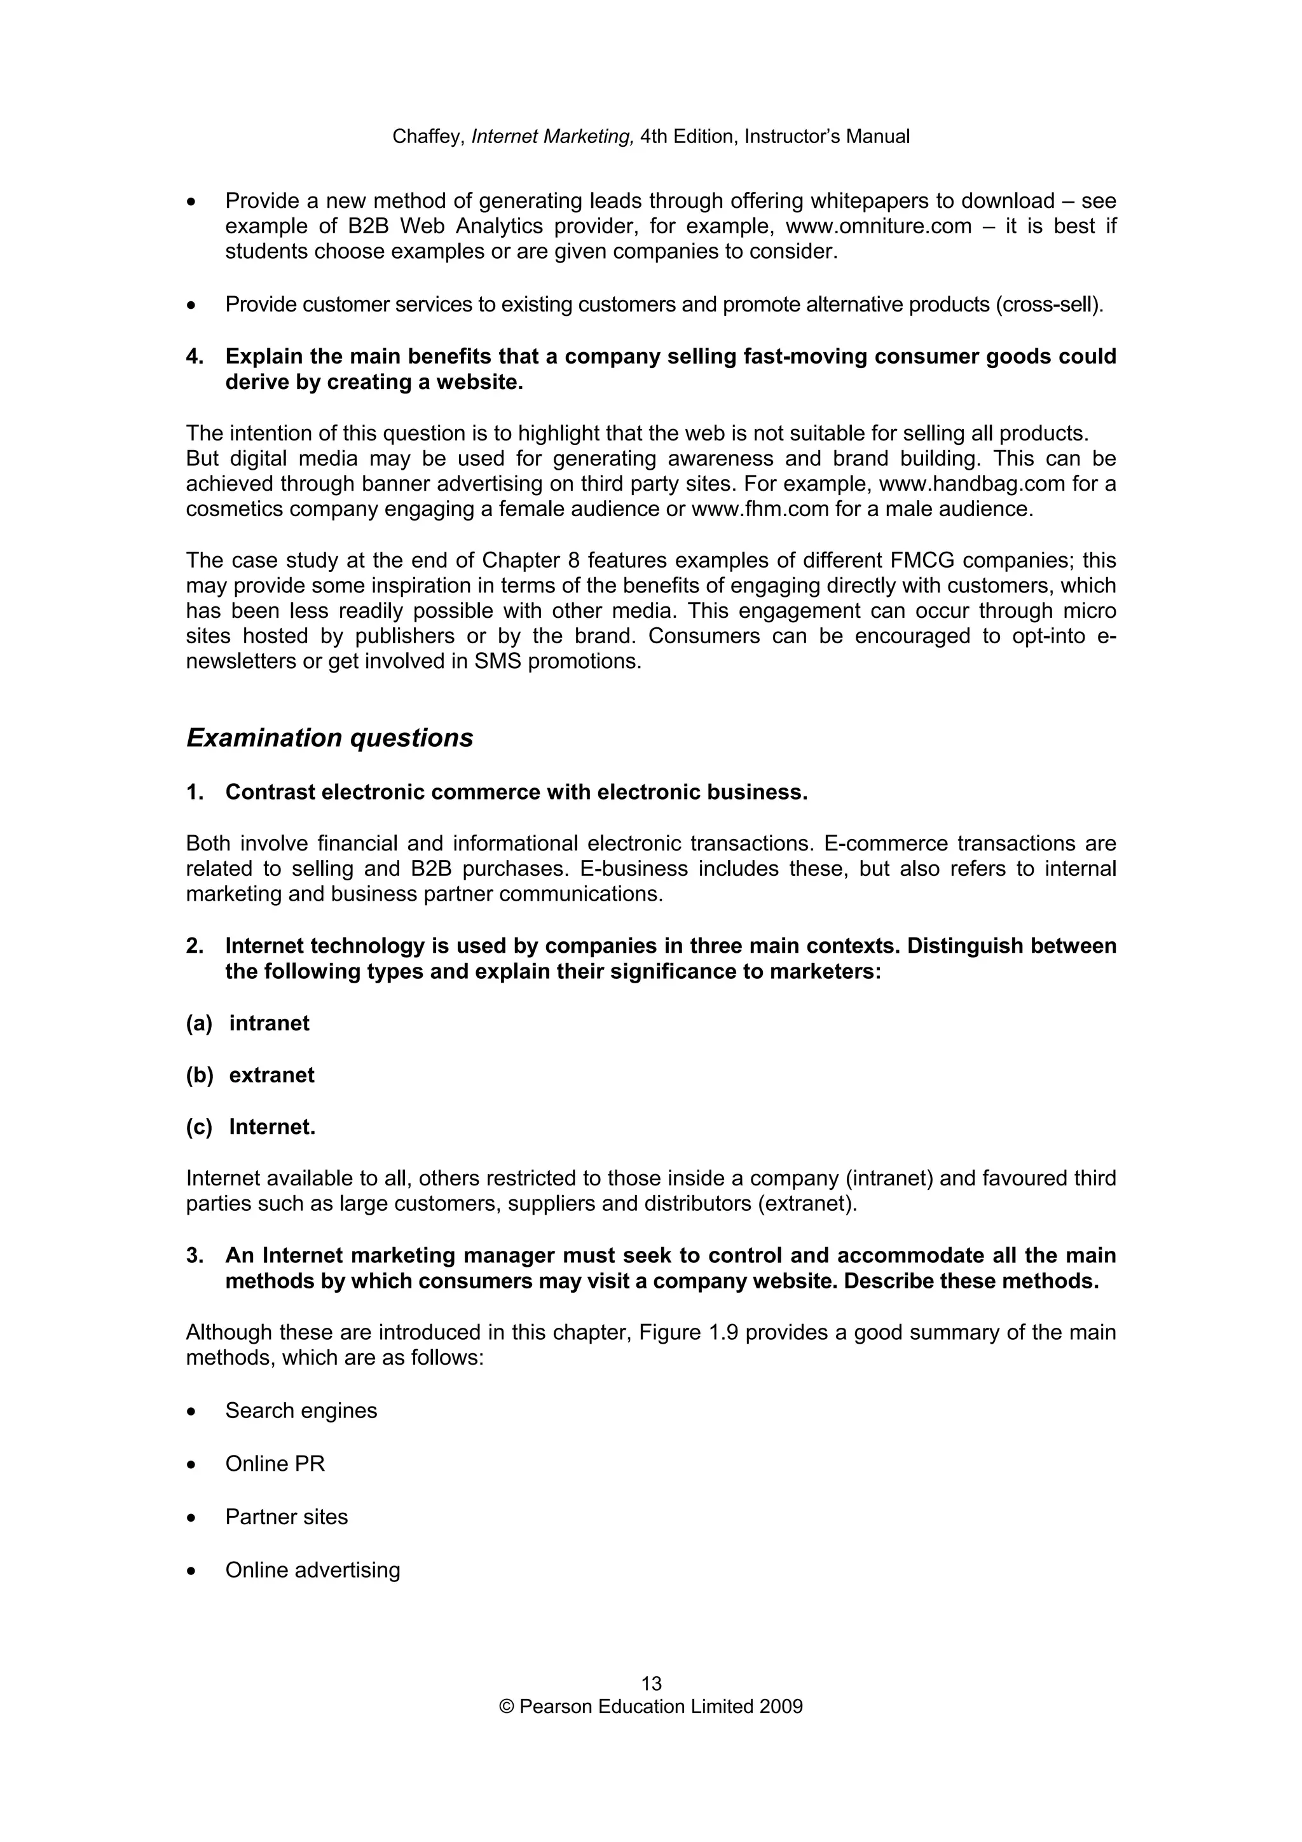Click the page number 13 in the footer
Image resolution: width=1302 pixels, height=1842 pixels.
tap(650, 1683)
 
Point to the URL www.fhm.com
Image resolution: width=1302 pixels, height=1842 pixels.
tap(759, 509)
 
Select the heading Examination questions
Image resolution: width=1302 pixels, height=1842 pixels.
tap(330, 738)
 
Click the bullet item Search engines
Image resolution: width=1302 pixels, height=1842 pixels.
tap(301, 1410)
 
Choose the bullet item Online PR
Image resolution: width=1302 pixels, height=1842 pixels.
tap(275, 1463)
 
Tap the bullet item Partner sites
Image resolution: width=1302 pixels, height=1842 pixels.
tap(286, 1517)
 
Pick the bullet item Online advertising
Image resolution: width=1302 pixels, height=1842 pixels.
tap(312, 1570)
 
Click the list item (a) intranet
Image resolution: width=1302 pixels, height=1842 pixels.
tap(248, 1023)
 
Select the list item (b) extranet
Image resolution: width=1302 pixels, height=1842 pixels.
tap(250, 1075)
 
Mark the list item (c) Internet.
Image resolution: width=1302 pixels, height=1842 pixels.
tap(251, 1127)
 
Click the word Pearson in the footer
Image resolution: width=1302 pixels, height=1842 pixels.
tap(554, 1707)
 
